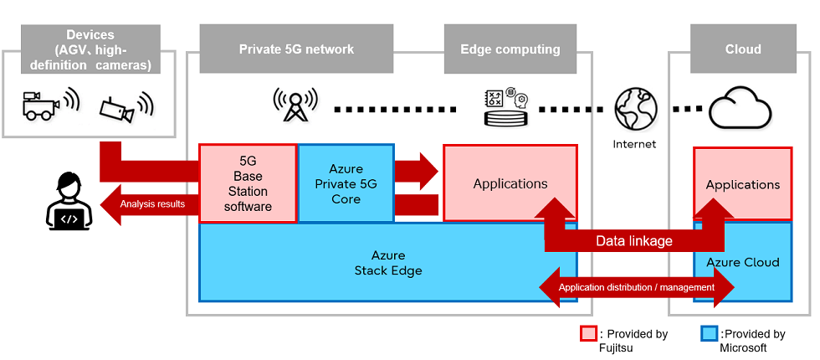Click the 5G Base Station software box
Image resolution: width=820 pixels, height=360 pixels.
pyautogui.click(x=248, y=183)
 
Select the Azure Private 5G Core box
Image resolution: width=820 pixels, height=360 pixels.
pyautogui.click(x=346, y=183)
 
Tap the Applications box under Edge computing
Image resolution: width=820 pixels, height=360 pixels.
pyautogui.click(x=510, y=183)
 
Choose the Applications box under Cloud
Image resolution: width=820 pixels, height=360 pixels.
pyautogui.click(x=742, y=184)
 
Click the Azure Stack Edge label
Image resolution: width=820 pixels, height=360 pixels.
pyautogui.click(x=387, y=263)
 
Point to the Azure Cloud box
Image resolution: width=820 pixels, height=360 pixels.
pyautogui.click(x=742, y=262)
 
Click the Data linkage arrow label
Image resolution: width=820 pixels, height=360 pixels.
pyautogui.click(x=633, y=241)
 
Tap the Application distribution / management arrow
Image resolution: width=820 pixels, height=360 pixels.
pyautogui.click(x=636, y=287)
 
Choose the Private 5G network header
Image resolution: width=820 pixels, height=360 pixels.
pyautogui.click(x=296, y=49)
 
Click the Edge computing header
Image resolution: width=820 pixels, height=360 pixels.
pyautogui.click(x=510, y=49)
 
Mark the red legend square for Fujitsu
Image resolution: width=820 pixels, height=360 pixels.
pyautogui.click(x=588, y=334)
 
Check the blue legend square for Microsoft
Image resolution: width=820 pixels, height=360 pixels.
pyautogui.click(x=708, y=334)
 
